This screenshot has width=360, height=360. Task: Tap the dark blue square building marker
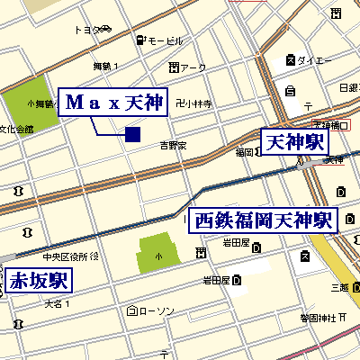click(132, 135)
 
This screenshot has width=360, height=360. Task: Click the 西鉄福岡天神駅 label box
click(263, 220)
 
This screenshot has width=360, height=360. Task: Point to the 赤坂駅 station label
click(39, 280)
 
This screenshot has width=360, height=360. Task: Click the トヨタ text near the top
click(86, 30)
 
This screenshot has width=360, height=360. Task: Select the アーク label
click(193, 67)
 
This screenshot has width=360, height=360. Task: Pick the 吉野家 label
click(173, 144)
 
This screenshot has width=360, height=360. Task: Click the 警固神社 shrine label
click(318, 318)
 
